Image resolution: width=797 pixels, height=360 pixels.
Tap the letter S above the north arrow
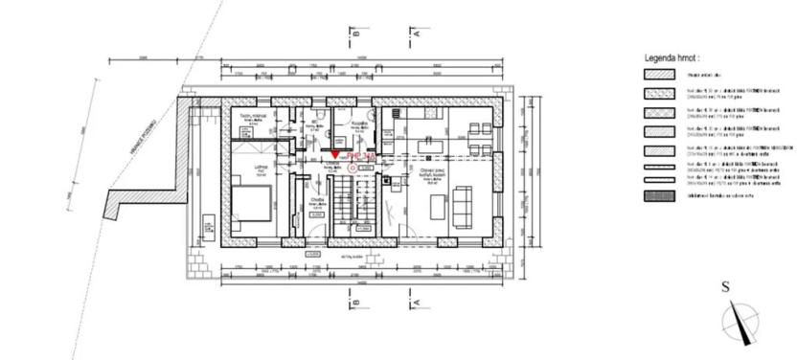point(726,286)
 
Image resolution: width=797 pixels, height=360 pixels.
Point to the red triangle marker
point(334,154)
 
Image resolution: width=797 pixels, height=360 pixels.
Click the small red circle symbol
point(353,167)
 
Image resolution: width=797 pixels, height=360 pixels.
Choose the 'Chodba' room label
point(317,200)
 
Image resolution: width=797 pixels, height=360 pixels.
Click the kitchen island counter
point(437,206)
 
